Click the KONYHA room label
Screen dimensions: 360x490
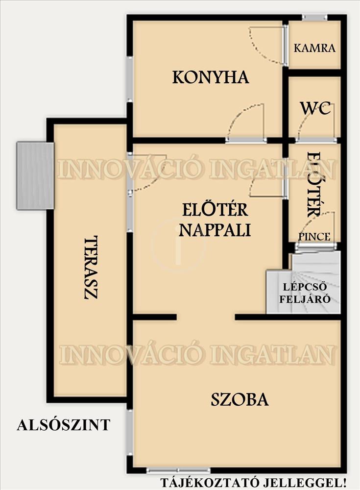pos(211,77)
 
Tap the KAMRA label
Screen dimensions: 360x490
pos(314,48)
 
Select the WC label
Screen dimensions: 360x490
pos(315,108)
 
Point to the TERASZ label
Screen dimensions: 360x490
pos(91,268)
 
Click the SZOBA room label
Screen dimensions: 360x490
pos(240,399)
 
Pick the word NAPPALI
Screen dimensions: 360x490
pos(215,230)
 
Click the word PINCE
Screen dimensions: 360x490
pos(314,237)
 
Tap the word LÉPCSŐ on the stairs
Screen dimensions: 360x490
pos(305,287)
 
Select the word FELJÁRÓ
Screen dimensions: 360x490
pos(305,299)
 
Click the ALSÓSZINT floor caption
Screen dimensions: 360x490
pos(64,425)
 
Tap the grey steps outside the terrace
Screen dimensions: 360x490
pos(35,175)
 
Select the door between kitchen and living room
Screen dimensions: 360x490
pos(246,140)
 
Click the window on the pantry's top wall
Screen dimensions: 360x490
pos(314,18)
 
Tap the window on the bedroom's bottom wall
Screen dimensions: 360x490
pos(178,470)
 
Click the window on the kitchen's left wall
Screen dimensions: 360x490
pos(130,79)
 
